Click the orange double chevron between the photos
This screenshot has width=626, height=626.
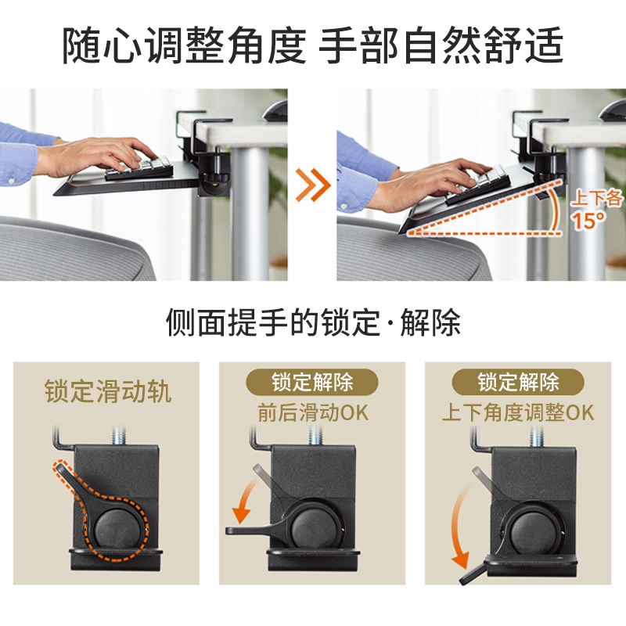[313, 185]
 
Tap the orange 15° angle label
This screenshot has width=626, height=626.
[589, 221]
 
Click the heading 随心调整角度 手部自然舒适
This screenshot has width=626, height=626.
[312, 45]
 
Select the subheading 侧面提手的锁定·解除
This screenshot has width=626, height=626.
[313, 322]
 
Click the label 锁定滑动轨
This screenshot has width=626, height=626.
[108, 390]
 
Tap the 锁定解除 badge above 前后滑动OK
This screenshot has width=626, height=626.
[312, 382]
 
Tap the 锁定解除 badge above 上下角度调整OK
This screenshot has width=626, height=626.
[518, 382]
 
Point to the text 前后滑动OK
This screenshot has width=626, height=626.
[313, 412]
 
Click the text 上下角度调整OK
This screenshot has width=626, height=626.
[518, 412]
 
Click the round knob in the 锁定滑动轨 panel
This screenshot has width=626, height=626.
[116, 526]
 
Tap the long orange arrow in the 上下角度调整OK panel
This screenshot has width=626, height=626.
[459, 527]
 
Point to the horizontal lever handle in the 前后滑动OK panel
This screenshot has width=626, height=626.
[256, 531]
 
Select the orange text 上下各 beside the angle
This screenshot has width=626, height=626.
[596, 198]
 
